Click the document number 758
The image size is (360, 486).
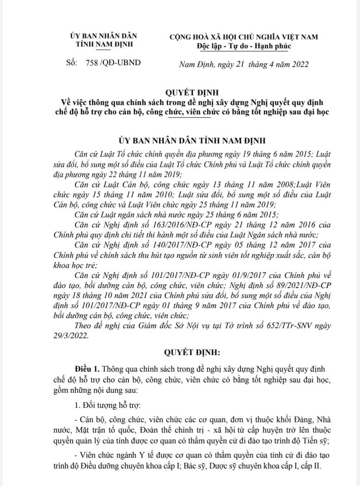pyautogui.click(x=92, y=63)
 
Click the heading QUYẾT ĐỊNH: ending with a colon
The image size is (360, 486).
pyautogui.click(x=192, y=353)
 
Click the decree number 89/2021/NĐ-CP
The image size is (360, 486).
pyautogui.click(x=302, y=286)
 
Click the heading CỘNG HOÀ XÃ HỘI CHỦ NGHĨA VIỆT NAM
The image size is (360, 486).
pyautogui.click(x=244, y=37)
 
